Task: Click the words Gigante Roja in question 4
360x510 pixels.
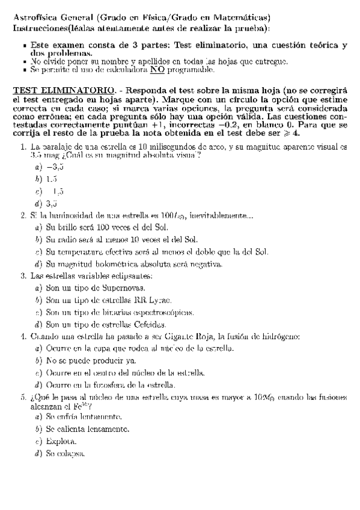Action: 190,337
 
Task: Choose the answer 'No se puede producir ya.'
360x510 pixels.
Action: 91,361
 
